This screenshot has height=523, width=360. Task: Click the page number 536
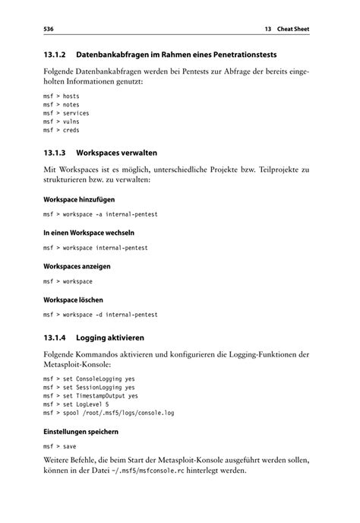(50, 30)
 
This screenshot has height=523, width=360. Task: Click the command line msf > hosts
(62, 97)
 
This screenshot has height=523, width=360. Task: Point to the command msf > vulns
(62, 122)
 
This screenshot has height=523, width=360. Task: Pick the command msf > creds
(62, 130)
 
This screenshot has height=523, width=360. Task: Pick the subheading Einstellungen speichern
(81, 432)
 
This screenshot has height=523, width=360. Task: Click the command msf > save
(59, 448)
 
